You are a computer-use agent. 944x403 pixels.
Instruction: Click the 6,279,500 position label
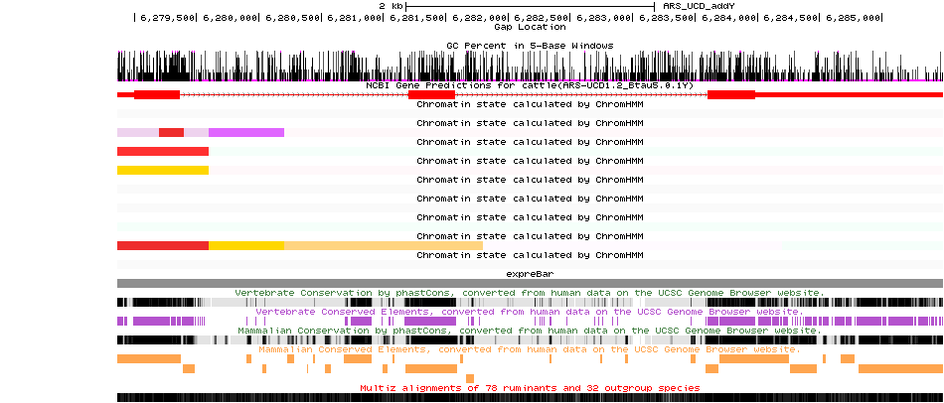(167, 18)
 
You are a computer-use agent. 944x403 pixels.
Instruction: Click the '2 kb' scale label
(390, 6)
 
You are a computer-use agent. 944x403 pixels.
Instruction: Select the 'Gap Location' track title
(530, 27)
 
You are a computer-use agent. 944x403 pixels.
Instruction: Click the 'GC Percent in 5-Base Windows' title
(530, 46)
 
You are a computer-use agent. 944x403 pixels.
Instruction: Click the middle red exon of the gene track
(431, 94)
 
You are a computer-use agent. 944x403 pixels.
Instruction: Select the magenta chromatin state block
(246, 132)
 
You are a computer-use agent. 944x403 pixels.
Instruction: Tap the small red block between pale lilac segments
(171, 132)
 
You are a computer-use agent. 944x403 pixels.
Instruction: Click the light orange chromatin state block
(383, 245)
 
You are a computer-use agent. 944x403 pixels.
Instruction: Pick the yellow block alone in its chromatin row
(163, 170)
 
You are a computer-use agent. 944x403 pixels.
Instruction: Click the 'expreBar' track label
(530, 273)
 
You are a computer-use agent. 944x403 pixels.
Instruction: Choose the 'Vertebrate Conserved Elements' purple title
(529, 312)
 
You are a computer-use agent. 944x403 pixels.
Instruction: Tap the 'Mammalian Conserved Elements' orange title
(529, 349)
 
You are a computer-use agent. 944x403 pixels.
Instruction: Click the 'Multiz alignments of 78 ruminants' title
(530, 387)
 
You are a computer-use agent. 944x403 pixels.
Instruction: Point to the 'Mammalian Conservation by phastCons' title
(529, 331)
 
